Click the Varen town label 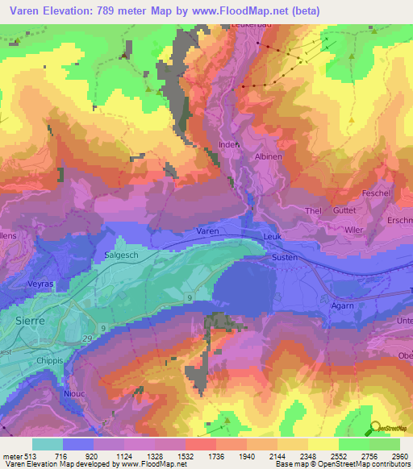point(207,230)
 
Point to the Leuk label point(273,237)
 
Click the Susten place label point(284,257)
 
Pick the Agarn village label point(343,306)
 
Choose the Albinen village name point(269,157)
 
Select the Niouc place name point(74,394)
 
